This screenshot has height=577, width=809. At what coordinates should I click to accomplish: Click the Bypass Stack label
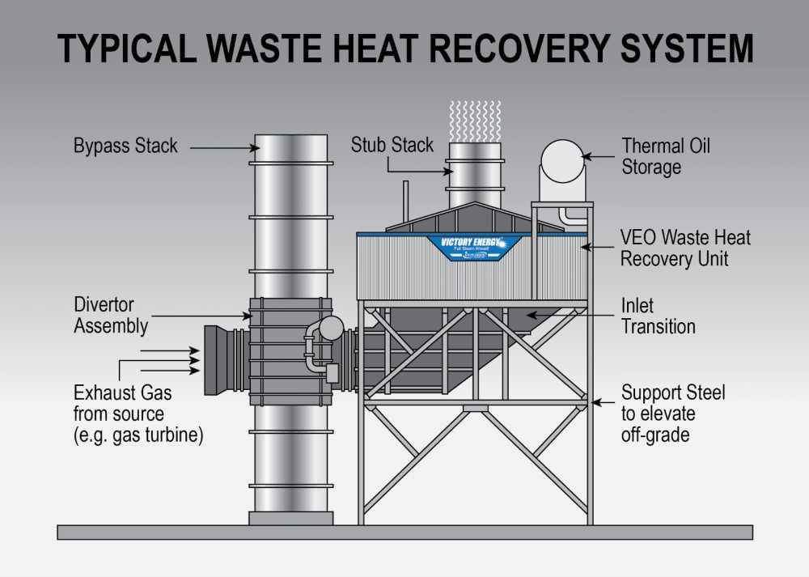click(125, 147)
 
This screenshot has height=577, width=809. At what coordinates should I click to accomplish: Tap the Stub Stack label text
click(392, 146)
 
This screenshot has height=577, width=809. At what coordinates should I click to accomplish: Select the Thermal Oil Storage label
click(665, 157)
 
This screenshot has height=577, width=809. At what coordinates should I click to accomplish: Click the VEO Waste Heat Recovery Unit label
click(685, 248)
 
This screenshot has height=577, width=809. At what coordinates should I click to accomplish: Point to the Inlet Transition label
click(658, 316)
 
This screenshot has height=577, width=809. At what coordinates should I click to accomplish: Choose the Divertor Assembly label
click(111, 316)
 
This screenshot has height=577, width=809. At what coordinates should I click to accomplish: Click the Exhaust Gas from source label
click(138, 414)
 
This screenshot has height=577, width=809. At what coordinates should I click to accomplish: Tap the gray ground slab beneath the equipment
click(404, 532)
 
